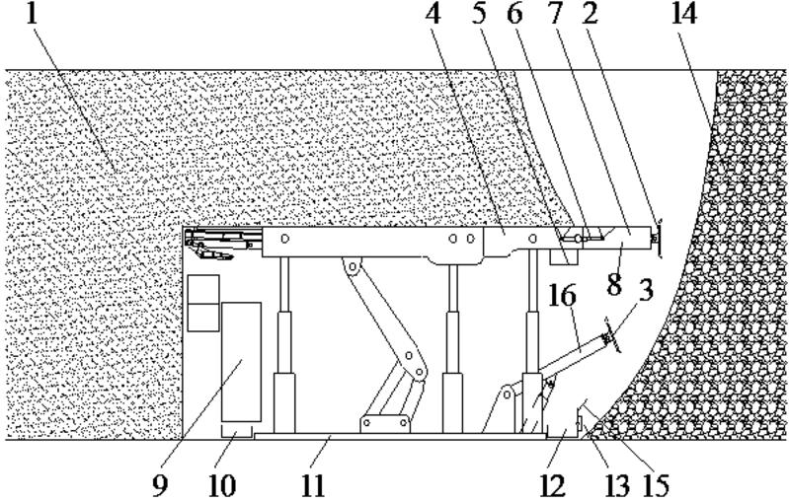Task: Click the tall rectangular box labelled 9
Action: coord(241,363)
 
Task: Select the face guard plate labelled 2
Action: coord(659,237)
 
